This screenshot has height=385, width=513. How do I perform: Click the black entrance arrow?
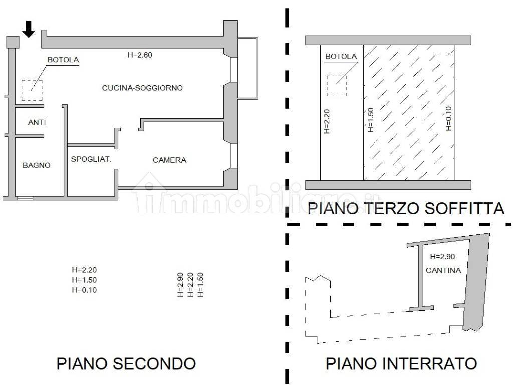[x=29, y=29]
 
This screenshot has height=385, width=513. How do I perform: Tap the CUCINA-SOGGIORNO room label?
[x=142, y=88]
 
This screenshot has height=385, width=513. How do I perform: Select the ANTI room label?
[x=37, y=122]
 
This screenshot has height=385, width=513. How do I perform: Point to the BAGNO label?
[x=36, y=165]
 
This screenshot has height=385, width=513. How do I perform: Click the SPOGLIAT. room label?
[x=91, y=159]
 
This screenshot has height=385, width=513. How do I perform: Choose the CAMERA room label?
[x=169, y=160]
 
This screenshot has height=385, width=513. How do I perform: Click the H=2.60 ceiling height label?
[x=140, y=55]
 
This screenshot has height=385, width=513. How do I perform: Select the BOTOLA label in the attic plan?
[x=341, y=56]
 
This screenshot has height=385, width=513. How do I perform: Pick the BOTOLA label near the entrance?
[x=63, y=60]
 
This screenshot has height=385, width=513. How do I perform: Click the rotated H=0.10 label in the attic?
[x=448, y=118]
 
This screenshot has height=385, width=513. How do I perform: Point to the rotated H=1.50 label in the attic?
[x=370, y=120]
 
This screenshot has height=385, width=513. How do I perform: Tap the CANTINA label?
[x=443, y=270]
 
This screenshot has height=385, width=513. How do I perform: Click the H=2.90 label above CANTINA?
[x=443, y=257]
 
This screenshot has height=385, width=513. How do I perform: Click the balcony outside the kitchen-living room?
[x=247, y=68]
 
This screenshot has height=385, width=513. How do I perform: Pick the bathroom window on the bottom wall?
[x=25, y=198]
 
